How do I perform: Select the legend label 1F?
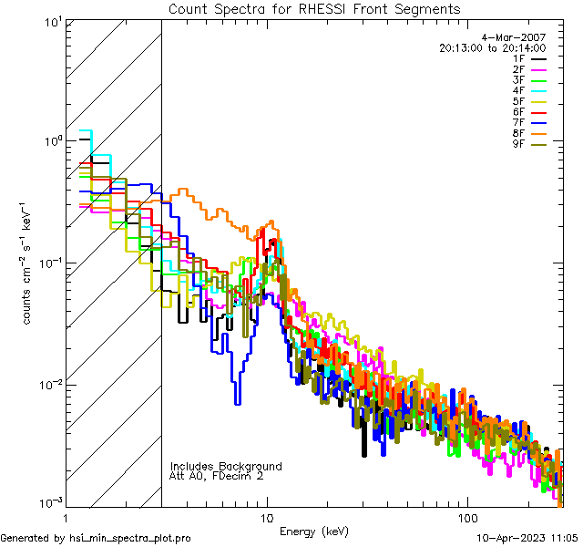(518, 58)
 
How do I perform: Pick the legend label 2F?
(518, 69)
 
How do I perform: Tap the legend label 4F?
(518, 90)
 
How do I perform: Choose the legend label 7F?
(518, 122)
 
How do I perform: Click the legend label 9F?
(518, 143)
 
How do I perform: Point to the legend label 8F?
(518, 133)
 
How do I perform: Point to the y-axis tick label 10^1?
(51, 22)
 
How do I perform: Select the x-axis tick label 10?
(266, 516)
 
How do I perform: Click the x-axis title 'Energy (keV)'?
(314, 531)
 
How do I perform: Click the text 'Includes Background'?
(226, 466)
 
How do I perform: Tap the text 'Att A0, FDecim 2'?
(217, 476)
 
